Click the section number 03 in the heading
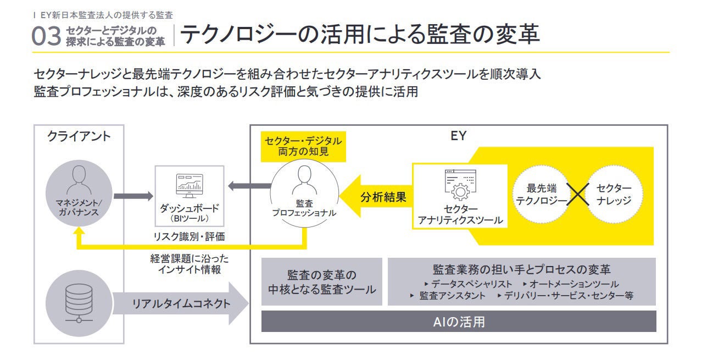coord(47,36)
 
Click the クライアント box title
coord(79,136)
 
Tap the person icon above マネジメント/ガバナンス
coord(79,179)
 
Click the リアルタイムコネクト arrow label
coord(181,303)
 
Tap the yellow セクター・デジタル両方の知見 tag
coord(303,146)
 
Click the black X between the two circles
coord(577,195)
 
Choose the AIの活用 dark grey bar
coord(459,322)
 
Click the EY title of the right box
coord(458,136)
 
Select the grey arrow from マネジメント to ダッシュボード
coord(133,195)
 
